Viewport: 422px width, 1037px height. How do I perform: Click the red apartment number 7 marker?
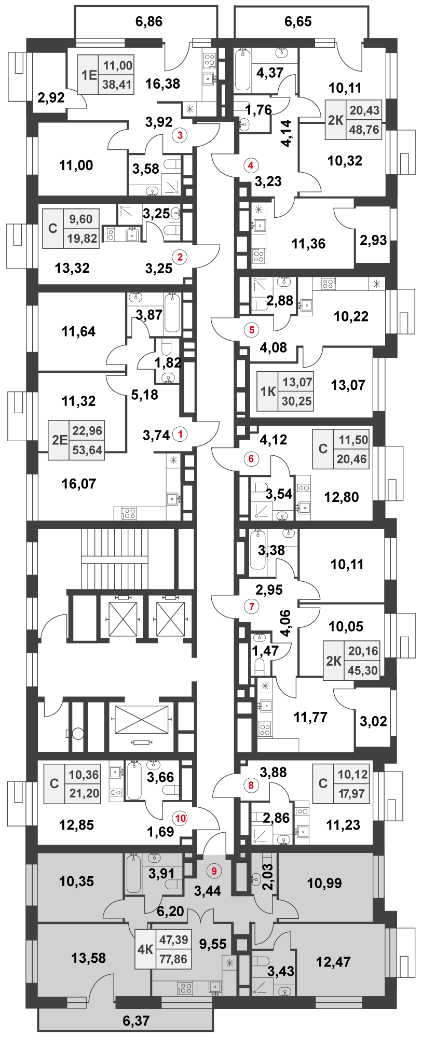point(251,606)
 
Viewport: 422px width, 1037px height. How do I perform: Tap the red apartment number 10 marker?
point(180,818)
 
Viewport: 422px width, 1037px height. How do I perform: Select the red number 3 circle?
point(180,136)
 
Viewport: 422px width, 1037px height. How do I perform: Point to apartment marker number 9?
point(213,871)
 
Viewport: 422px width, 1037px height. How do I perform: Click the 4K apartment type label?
point(145,949)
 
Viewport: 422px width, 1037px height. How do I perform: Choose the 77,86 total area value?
point(173,959)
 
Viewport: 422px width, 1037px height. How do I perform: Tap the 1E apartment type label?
point(89,75)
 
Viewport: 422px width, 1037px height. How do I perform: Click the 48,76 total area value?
point(364,130)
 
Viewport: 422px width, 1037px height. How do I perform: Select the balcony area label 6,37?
point(136,1020)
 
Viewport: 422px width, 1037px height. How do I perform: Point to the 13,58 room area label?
point(89,958)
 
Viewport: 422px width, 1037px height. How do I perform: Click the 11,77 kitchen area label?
point(310,717)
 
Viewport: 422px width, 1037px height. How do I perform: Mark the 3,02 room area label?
point(373,721)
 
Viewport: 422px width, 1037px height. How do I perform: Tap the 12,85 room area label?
point(77,824)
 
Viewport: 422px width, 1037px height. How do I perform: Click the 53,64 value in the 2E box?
point(87,450)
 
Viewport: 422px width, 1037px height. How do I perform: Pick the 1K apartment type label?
point(268,391)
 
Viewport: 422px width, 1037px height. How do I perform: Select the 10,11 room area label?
point(347,564)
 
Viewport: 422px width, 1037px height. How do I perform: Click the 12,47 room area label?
point(333,962)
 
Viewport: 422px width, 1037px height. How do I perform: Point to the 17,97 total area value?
point(352,794)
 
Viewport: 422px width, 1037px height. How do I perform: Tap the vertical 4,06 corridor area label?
point(285,623)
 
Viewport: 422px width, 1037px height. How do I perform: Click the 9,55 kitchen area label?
point(213,944)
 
